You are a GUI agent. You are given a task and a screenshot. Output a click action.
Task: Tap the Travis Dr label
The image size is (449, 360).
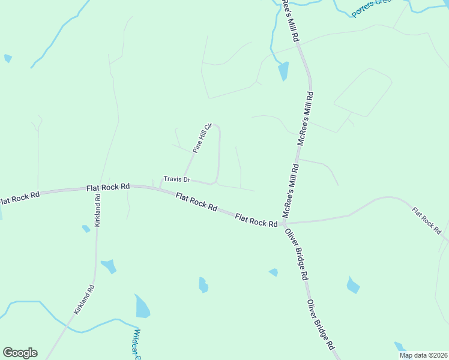point(176,179)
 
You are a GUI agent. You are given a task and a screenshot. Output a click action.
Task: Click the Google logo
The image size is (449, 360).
point(20,353)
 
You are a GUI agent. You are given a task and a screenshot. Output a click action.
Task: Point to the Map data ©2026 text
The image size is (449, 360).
point(423,355)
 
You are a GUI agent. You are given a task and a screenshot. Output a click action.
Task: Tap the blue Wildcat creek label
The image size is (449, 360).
point(137,345)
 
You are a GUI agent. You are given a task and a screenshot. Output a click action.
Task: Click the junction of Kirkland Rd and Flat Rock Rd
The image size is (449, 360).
point(98,187)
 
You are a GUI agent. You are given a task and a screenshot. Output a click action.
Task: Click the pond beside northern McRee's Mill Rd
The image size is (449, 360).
point(283,71)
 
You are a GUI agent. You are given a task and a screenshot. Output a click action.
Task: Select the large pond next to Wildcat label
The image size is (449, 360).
point(142,307)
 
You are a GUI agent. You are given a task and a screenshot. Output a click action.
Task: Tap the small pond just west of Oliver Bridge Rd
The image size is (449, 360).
point(274,272)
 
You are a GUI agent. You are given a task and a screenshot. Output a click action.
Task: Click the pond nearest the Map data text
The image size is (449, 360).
point(399,347)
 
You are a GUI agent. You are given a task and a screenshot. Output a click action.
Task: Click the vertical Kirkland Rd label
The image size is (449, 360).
point(98,210)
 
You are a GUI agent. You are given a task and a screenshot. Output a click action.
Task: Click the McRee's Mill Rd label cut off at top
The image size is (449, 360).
point(291,18)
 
